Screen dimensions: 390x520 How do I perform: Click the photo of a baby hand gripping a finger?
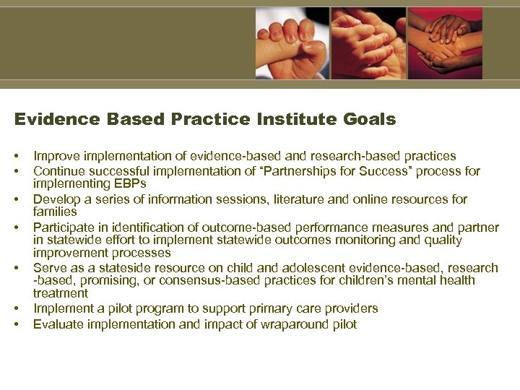[x=291, y=43]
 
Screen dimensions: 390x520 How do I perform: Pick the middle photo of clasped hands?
[x=368, y=43]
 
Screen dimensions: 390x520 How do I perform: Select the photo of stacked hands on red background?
[x=445, y=43]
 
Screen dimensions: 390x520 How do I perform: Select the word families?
[x=55, y=212]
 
